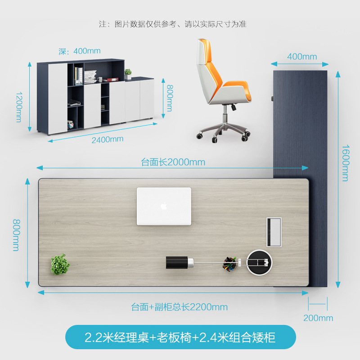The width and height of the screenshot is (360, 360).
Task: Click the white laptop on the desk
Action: (164, 206)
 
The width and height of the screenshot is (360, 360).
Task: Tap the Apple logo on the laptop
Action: (164, 206)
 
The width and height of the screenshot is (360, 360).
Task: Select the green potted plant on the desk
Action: (60, 265)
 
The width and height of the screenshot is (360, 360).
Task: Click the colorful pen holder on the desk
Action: (229, 264)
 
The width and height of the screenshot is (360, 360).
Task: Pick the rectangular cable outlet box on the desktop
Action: (274, 232)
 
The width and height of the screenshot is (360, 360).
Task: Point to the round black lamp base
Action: (259, 262)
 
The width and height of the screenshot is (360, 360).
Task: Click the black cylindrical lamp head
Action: (180, 262)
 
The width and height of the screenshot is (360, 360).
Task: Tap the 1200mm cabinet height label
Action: (19, 107)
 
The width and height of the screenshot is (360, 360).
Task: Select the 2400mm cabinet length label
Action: (108, 139)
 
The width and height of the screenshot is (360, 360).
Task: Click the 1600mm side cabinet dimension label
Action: (346, 163)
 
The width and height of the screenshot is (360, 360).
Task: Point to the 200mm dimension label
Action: (318, 318)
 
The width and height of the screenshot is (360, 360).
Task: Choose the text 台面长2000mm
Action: (173, 162)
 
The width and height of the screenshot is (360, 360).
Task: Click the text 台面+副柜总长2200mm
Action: (179, 307)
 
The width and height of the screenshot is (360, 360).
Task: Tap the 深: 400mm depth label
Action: (80, 51)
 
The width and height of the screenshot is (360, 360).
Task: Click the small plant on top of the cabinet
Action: (128, 74)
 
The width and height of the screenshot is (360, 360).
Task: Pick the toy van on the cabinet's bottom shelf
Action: (71, 125)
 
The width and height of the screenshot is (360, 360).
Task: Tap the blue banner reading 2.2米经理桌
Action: (180, 337)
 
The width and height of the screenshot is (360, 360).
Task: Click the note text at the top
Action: (173, 24)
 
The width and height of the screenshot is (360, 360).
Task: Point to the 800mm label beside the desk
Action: (17, 235)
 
